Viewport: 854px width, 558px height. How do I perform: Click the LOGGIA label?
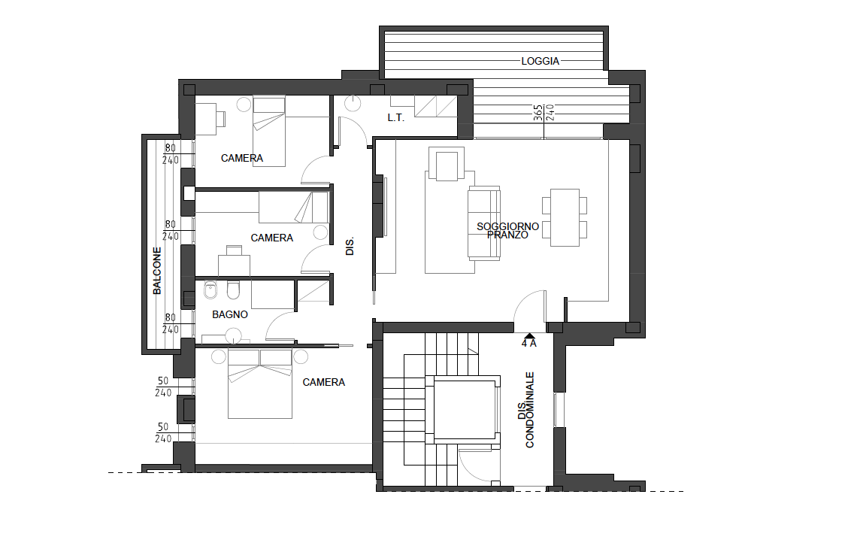tap(541, 61)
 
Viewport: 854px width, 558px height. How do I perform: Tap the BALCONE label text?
tap(157, 271)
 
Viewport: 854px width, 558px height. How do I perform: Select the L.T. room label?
tap(396, 118)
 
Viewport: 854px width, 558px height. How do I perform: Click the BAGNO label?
tap(230, 314)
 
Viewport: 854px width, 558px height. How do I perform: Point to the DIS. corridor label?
tap(350, 246)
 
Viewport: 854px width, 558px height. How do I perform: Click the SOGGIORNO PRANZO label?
tap(507, 231)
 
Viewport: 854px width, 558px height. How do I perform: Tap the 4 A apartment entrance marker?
tap(528, 340)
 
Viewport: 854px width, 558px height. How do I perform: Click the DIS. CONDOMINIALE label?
tap(526, 410)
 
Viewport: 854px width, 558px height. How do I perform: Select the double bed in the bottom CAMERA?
tap(260, 384)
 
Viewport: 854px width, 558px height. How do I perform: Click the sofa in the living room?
tap(484, 223)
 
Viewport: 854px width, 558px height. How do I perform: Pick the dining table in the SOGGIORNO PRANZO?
tap(565, 217)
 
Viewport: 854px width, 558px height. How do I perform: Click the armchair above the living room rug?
tap(447, 163)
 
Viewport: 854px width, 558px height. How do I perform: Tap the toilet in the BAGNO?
tap(233, 290)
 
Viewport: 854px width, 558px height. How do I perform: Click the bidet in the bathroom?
tap(210, 290)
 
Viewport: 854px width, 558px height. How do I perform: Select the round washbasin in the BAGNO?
tap(234, 335)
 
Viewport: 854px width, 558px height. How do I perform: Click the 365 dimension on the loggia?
tap(538, 112)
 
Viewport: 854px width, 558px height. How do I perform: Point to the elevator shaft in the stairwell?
tap(466, 410)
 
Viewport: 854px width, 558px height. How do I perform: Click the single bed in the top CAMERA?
tap(269, 132)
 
